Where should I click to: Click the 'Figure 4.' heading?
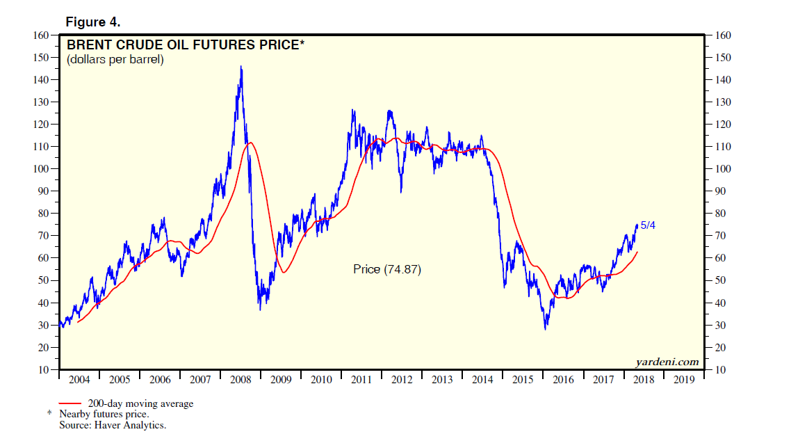94,22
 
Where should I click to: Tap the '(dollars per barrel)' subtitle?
115,60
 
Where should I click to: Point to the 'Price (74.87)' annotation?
387,269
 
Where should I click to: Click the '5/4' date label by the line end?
647,225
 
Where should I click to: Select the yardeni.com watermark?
667,362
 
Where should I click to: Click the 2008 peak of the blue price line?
241,67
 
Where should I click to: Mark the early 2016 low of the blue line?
546,328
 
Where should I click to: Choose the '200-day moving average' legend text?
140,403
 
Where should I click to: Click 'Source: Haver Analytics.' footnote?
113,424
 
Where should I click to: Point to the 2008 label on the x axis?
240,380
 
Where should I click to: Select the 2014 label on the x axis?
482,380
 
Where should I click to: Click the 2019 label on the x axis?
684,380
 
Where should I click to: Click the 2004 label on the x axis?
79,380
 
